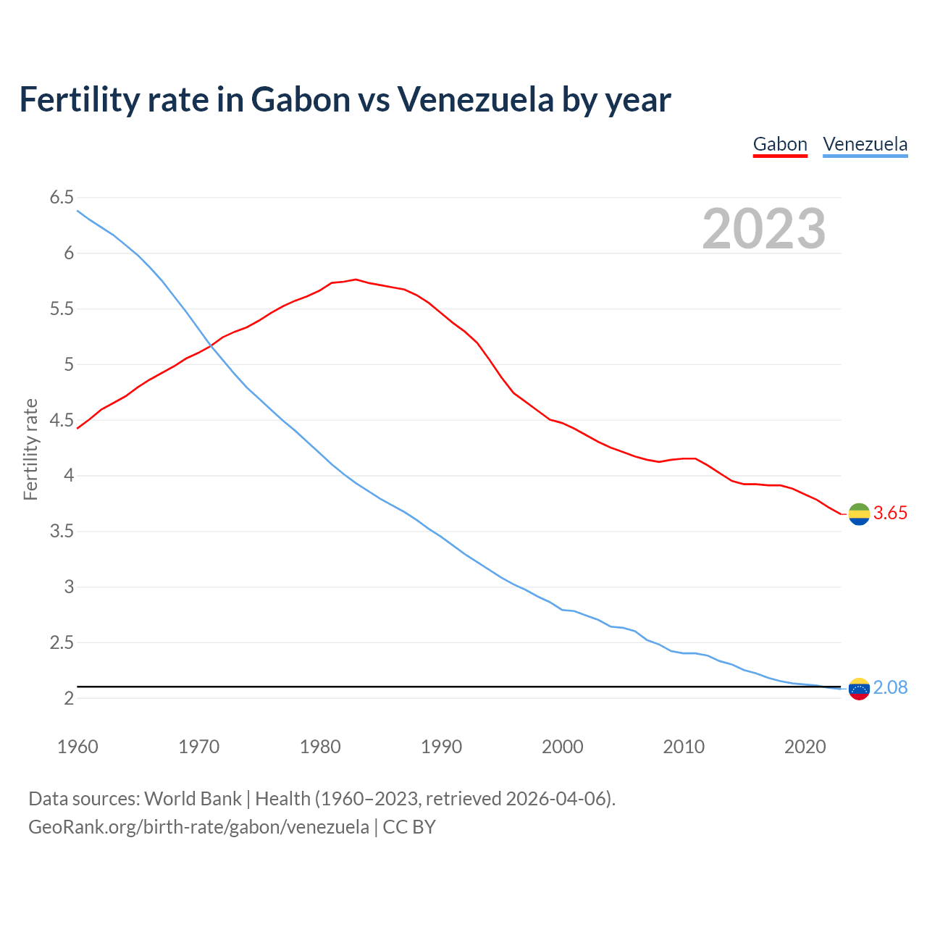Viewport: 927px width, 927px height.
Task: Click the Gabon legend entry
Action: tap(780, 144)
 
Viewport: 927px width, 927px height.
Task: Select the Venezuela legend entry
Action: tap(865, 144)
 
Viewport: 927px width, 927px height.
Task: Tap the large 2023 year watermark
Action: tap(763, 229)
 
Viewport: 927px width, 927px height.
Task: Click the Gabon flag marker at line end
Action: tap(859, 514)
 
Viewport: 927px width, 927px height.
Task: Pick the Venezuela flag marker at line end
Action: tap(859, 689)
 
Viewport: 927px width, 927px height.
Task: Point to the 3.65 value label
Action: tap(890, 513)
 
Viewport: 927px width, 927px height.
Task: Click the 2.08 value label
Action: tap(890, 688)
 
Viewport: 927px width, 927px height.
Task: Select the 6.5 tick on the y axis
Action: tap(62, 198)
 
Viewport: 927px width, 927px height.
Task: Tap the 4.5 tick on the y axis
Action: tap(62, 420)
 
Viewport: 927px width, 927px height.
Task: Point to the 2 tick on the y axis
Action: tap(69, 698)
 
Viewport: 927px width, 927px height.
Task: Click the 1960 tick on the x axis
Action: tap(77, 747)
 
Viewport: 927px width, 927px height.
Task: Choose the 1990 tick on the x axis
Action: tap(441, 747)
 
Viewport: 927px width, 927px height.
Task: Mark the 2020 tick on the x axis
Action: tap(805, 747)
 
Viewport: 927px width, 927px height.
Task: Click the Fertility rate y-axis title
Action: tap(30, 449)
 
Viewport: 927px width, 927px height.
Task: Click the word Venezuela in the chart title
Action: tap(475, 99)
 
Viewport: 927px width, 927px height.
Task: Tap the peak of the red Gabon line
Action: tap(356, 279)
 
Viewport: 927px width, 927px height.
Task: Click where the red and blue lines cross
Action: tap(211, 345)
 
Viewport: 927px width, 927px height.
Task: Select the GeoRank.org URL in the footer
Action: tap(198, 827)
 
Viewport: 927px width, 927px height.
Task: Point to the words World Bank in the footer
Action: tap(193, 799)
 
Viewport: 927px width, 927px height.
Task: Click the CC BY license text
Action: tap(409, 827)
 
